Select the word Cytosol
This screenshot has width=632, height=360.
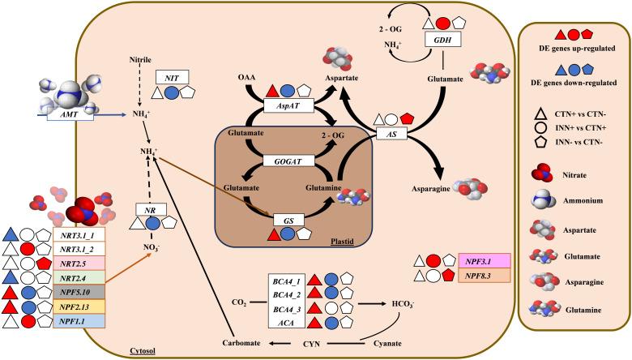(142, 351)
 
